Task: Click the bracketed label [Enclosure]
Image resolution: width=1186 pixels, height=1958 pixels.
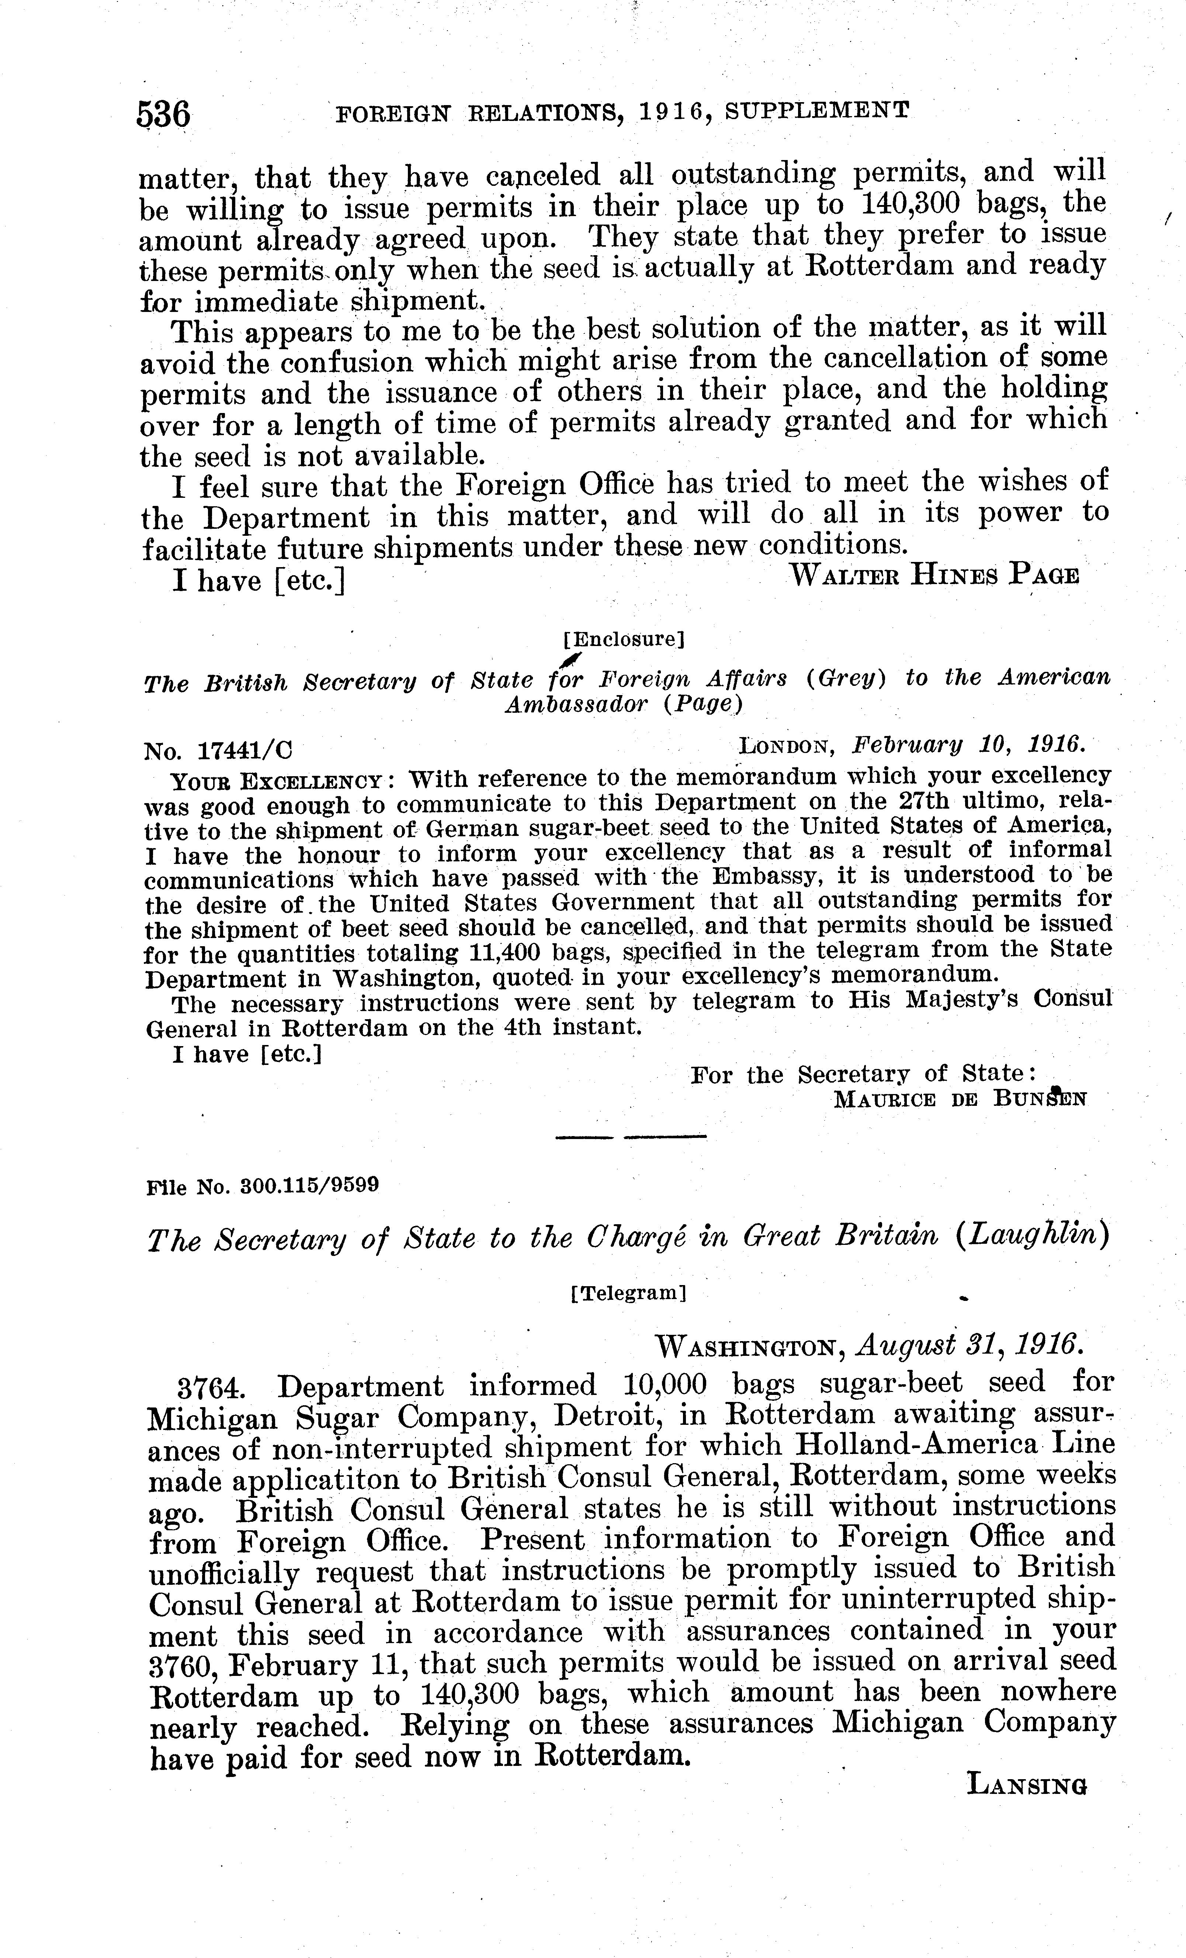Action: click(623, 638)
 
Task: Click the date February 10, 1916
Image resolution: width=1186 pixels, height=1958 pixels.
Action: click(968, 744)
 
